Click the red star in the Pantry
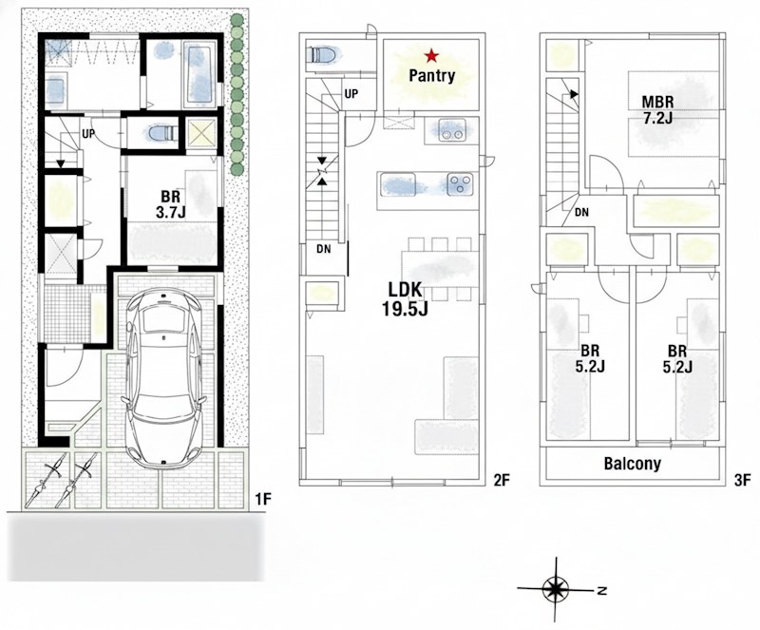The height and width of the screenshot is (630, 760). [433, 55]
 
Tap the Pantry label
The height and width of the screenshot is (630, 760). [432, 75]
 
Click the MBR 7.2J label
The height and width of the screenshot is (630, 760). [657, 110]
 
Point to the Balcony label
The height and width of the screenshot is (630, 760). [632, 465]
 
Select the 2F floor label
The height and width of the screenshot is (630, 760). [502, 480]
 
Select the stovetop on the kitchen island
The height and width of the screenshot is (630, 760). [461, 183]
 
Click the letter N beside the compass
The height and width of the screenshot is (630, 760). [601, 590]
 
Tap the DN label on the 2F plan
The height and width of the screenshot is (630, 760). [324, 249]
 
